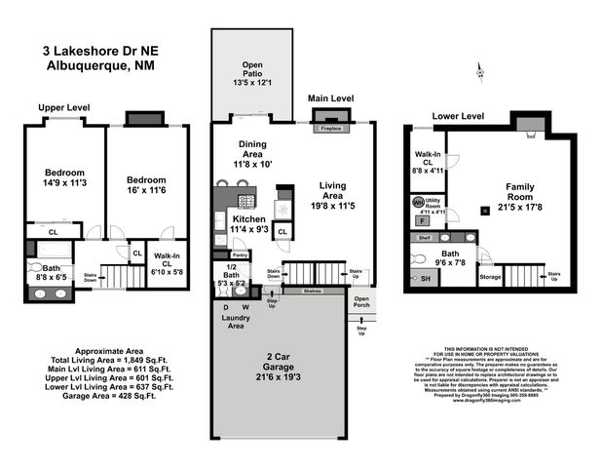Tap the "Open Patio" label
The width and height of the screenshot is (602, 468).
pos(251,70)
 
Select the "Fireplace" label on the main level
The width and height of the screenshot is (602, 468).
pos(323,128)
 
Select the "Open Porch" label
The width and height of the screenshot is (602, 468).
pos(361,302)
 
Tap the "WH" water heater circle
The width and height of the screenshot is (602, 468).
pos(418,203)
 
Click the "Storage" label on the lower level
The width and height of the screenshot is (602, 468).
pos(489,276)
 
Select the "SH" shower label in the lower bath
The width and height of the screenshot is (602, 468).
pos(424,280)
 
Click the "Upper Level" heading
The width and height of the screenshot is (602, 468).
pos(64,107)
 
